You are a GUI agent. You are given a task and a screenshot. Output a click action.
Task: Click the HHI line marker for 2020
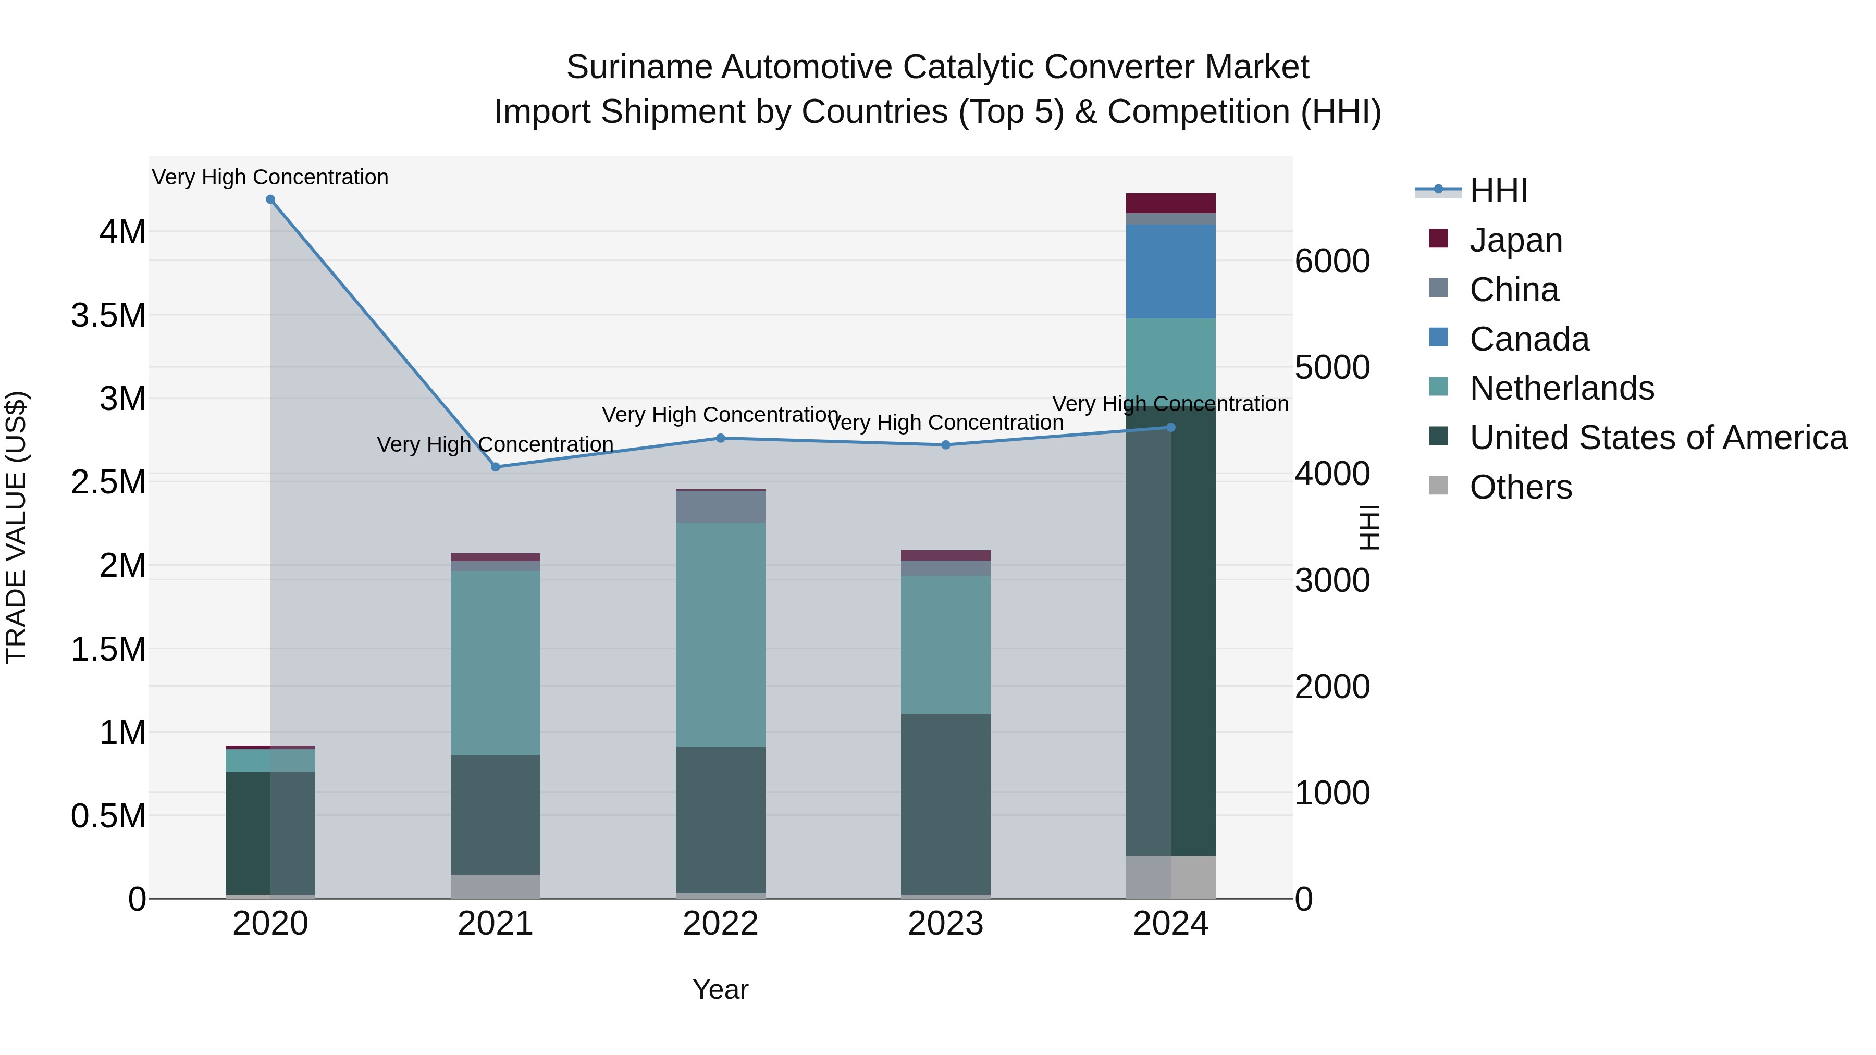coord(270,200)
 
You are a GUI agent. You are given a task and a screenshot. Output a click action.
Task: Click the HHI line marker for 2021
coord(495,467)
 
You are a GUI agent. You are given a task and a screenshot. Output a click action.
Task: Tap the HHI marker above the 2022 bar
coord(720,438)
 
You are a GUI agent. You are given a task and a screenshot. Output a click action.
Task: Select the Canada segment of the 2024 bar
coord(1170,271)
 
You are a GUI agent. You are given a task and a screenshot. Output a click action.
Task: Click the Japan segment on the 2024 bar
coord(1170,203)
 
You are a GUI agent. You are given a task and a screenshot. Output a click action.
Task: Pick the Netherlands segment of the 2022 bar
coord(720,634)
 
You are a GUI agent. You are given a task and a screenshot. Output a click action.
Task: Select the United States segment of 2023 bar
coord(945,804)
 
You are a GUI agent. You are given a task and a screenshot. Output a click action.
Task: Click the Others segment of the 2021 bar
coord(495,886)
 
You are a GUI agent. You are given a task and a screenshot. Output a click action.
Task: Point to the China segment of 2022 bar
coord(720,507)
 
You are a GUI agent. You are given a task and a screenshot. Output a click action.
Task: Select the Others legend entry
coord(1520,487)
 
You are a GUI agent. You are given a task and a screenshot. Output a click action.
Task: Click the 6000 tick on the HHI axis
coord(1332,262)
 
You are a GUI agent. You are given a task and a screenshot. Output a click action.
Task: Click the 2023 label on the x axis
coord(945,924)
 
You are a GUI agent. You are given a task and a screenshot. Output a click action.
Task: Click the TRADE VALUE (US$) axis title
coord(16,527)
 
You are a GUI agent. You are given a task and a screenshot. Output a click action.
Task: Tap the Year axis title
coord(720,989)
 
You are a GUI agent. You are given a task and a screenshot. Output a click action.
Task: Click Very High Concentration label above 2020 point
coord(270,177)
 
